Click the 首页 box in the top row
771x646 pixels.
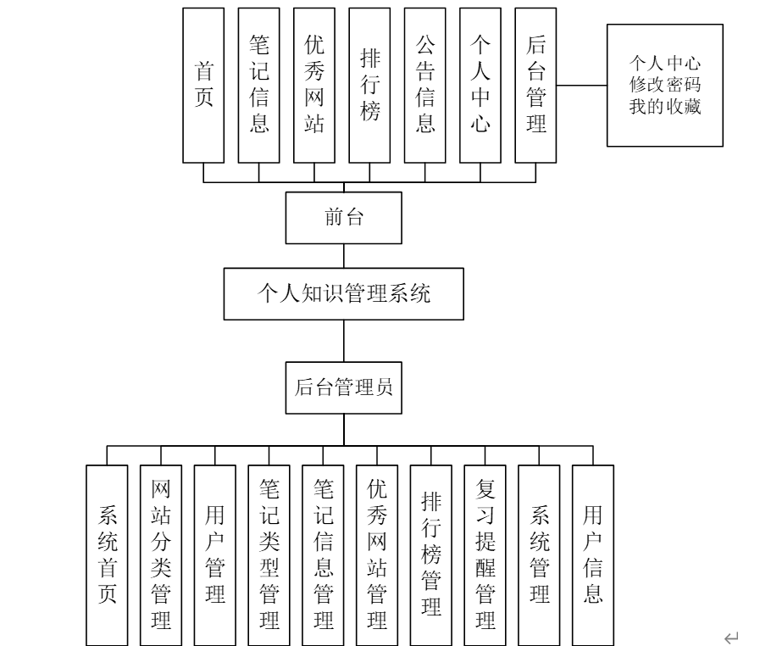204,85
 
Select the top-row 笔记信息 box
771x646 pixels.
259,85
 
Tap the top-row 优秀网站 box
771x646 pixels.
314,85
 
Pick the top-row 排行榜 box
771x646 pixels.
369,85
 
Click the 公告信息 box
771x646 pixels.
425,85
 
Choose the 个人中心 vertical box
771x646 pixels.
480,85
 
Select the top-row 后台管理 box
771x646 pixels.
535,85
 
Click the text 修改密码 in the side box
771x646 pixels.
664,86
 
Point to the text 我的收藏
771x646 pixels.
664,107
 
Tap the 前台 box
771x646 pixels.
344,218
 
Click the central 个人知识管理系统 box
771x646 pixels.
344,294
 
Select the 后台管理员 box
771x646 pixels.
344,389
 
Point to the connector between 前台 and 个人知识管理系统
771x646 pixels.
344,256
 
